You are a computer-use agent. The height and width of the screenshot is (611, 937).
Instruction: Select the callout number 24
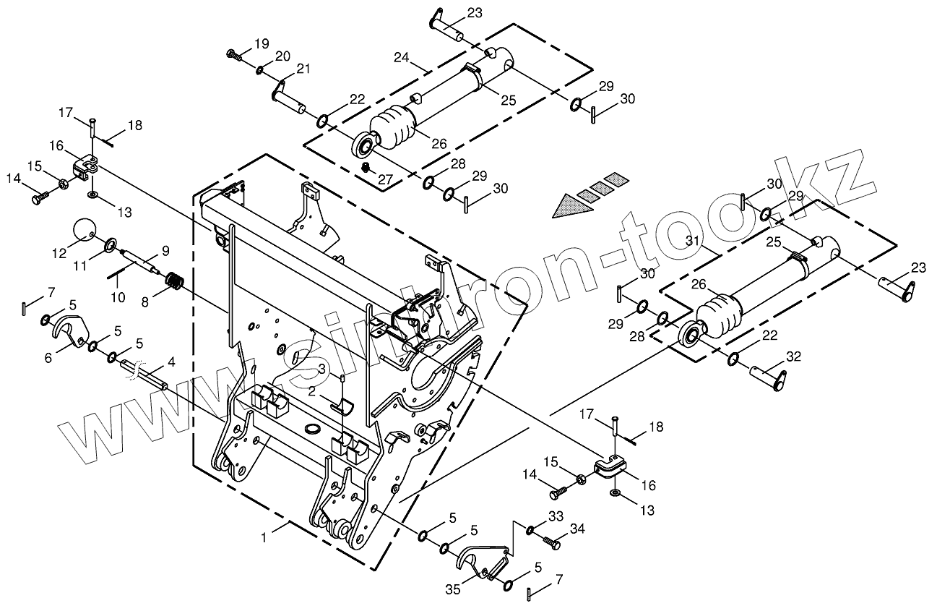[x=402, y=57]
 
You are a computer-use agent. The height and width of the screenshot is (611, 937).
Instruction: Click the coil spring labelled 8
[x=176, y=280]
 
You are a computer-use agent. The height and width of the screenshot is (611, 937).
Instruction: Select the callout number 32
[x=794, y=356]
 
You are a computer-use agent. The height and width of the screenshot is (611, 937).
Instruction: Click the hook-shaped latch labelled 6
[x=70, y=329]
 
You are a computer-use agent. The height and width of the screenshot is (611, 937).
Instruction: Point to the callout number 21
[x=303, y=69]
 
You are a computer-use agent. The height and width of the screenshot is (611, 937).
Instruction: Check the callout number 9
[x=165, y=251]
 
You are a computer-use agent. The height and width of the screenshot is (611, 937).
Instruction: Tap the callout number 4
[x=171, y=361]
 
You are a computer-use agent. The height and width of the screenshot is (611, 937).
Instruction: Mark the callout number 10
[x=118, y=296]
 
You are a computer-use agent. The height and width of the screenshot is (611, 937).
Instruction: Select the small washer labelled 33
[x=530, y=531]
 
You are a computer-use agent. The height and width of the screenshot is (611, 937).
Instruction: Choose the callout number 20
[x=282, y=56]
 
